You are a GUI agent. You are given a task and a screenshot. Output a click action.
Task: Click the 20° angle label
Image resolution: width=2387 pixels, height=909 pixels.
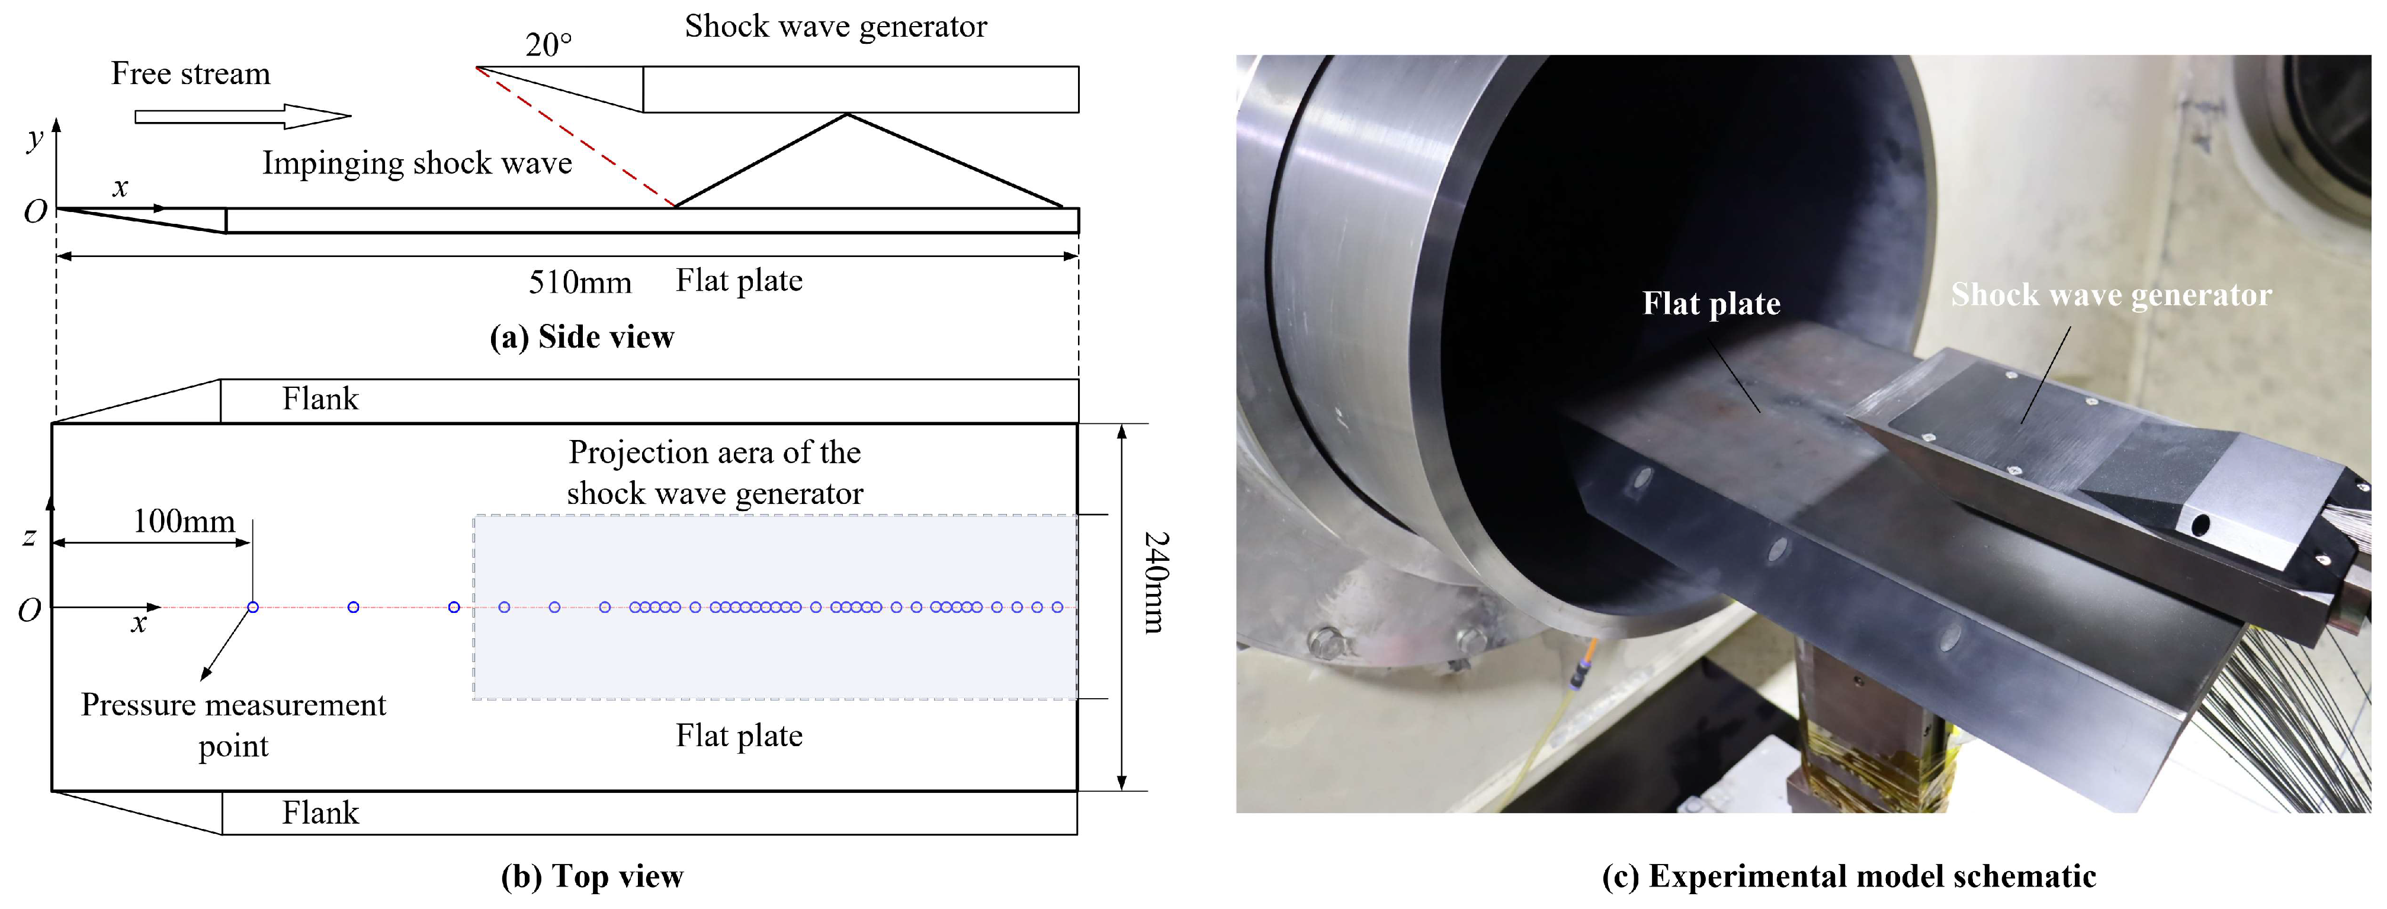(x=548, y=44)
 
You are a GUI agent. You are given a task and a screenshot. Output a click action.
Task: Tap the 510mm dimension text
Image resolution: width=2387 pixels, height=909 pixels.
(x=579, y=282)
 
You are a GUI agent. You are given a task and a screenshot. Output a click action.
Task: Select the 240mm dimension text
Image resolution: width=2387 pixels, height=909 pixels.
(x=1156, y=582)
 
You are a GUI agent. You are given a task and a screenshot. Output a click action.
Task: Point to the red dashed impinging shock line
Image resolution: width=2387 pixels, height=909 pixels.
(x=575, y=137)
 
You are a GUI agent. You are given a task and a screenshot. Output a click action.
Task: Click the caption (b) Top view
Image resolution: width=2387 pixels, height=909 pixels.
(x=592, y=876)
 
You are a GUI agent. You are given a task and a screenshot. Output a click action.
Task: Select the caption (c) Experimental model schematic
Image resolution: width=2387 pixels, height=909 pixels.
(x=1849, y=876)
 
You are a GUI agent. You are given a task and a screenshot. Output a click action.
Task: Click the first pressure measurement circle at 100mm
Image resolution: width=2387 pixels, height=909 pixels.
(x=253, y=607)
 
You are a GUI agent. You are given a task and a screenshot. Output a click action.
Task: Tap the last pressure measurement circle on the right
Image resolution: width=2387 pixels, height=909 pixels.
(x=1057, y=607)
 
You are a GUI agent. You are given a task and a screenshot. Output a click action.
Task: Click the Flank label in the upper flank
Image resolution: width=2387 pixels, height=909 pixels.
(x=320, y=399)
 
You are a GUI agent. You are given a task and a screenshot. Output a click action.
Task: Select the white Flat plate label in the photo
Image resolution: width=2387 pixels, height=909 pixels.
(x=1711, y=303)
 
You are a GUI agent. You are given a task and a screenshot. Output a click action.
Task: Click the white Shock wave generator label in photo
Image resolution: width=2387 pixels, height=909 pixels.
(x=2111, y=295)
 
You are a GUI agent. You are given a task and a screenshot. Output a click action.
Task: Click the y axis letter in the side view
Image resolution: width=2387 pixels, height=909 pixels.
(x=35, y=139)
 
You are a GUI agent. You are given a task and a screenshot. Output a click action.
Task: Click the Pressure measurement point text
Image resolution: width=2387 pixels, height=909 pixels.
(x=233, y=725)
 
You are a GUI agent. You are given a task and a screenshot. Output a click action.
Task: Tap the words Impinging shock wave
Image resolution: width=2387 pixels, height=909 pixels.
(x=417, y=163)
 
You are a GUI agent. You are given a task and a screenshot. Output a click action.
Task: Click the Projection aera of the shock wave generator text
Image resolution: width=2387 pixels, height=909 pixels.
(x=714, y=473)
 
